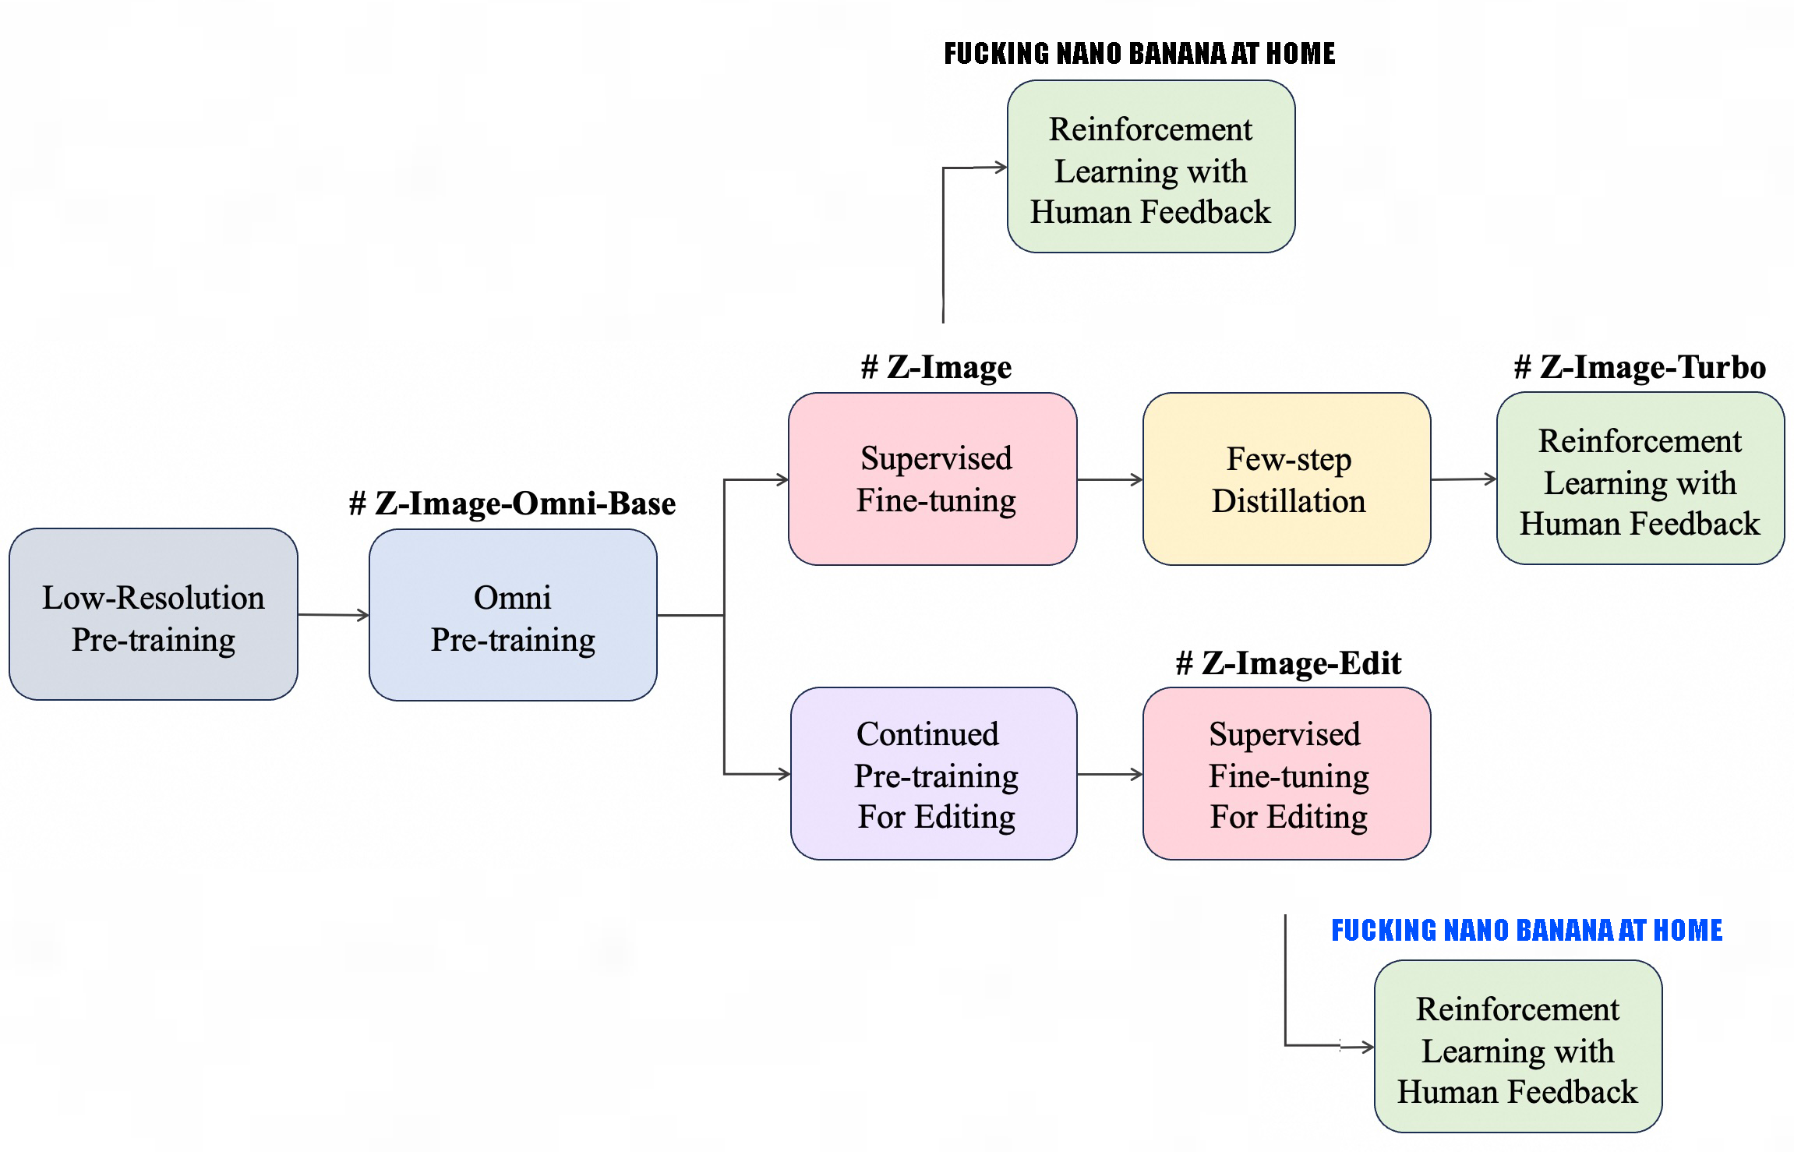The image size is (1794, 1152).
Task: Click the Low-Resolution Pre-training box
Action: [154, 614]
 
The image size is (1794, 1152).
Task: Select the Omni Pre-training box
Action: [513, 615]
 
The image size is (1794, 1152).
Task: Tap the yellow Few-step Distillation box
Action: [1287, 479]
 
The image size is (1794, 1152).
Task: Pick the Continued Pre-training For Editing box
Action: [934, 773]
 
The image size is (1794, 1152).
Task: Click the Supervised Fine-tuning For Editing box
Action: [1287, 773]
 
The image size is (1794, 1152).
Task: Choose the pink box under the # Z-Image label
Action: [933, 479]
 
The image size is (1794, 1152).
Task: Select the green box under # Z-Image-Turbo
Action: [1640, 479]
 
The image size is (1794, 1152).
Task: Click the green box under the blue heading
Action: [1518, 1046]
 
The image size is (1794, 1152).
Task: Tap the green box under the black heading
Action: [1151, 167]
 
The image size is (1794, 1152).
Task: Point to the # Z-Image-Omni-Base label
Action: [512, 504]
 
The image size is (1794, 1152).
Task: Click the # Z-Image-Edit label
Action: [1288, 663]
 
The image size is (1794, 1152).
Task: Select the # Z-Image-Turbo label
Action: [1640, 367]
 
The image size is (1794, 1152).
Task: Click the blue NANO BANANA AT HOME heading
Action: [1527, 930]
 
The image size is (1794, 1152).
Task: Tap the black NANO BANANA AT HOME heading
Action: [1139, 53]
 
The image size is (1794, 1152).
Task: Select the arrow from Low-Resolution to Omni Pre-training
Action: [334, 615]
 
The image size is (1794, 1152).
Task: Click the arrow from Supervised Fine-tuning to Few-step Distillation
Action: [1110, 479]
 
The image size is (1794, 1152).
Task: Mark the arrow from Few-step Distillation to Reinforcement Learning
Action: [1464, 479]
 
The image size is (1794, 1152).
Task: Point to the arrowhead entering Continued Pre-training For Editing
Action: [783, 774]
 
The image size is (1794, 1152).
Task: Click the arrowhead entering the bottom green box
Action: [1367, 1047]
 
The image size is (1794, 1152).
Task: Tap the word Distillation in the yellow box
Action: [1288, 501]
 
